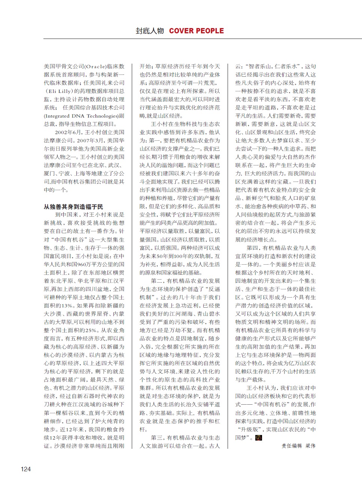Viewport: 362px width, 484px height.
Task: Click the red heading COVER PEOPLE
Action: click(x=196, y=31)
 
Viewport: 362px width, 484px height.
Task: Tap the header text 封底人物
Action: click(x=150, y=31)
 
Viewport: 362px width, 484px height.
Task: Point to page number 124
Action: click(x=26, y=469)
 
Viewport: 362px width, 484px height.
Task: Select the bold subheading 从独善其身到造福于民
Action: click(x=73, y=207)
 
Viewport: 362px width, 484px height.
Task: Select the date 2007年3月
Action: click(x=91, y=140)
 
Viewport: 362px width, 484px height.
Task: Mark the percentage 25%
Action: click(x=91, y=330)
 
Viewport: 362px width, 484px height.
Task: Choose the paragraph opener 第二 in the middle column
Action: click(x=156, y=281)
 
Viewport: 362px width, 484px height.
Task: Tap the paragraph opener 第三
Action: click(x=156, y=438)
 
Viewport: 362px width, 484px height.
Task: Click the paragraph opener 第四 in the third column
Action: click(x=252, y=248)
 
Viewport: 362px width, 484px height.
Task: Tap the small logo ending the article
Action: click(x=258, y=438)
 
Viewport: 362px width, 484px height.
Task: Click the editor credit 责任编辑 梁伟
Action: click(x=298, y=446)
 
